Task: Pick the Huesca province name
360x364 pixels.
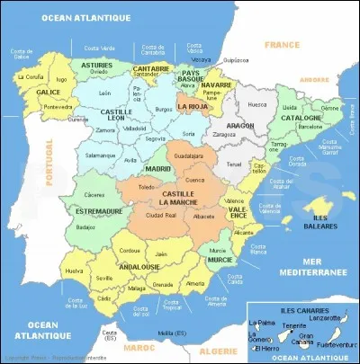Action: [256, 104]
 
